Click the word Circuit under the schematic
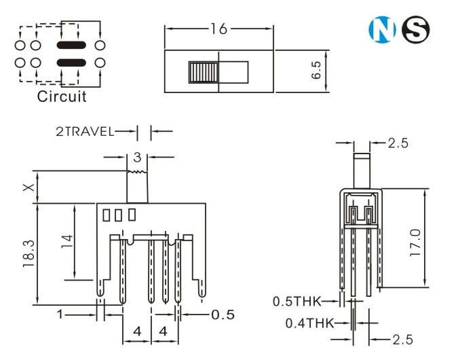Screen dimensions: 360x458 click(x=62, y=96)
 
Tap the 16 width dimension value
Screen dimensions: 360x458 click(x=218, y=29)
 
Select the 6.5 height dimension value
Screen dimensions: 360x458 click(x=316, y=70)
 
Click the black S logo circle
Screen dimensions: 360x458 click(x=415, y=29)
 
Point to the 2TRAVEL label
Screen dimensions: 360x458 click(x=85, y=132)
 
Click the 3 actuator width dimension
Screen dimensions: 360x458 click(x=137, y=158)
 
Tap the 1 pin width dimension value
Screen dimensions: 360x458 click(x=60, y=314)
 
